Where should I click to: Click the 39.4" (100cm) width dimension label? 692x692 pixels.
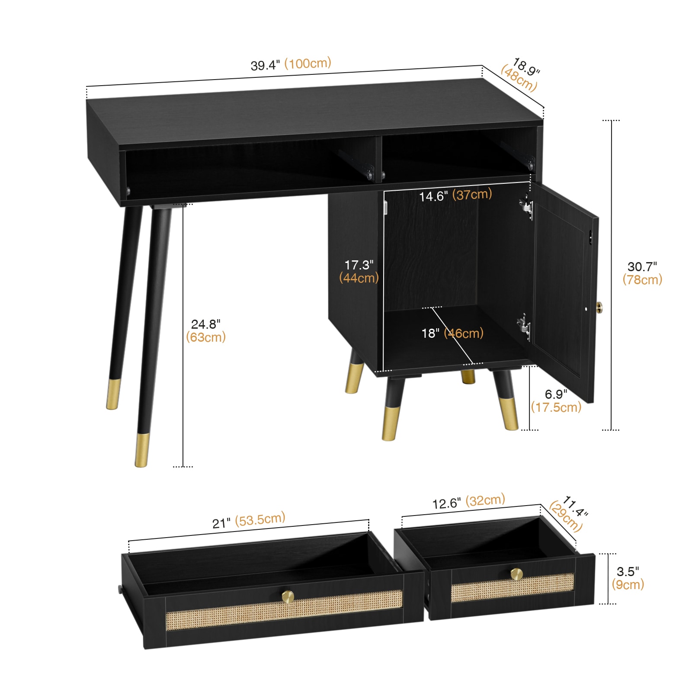(x=291, y=64)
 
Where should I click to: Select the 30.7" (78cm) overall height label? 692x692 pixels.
(x=642, y=273)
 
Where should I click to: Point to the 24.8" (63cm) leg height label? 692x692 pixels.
(x=206, y=330)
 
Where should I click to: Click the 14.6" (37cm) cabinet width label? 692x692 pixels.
(x=455, y=195)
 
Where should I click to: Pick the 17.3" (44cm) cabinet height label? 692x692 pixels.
(x=359, y=271)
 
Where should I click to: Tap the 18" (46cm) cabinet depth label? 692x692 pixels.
(x=452, y=333)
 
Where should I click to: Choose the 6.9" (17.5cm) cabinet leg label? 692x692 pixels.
(x=556, y=400)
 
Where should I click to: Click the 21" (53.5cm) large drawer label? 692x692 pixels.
(x=249, y=520)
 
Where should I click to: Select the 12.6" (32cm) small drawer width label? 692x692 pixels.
(x=469, y=502)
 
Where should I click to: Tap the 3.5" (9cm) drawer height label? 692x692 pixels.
(x=628, y=578)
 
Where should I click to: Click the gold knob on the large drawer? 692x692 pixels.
(x=288, y=596)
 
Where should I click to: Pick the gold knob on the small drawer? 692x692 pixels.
(x=516, y=574)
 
